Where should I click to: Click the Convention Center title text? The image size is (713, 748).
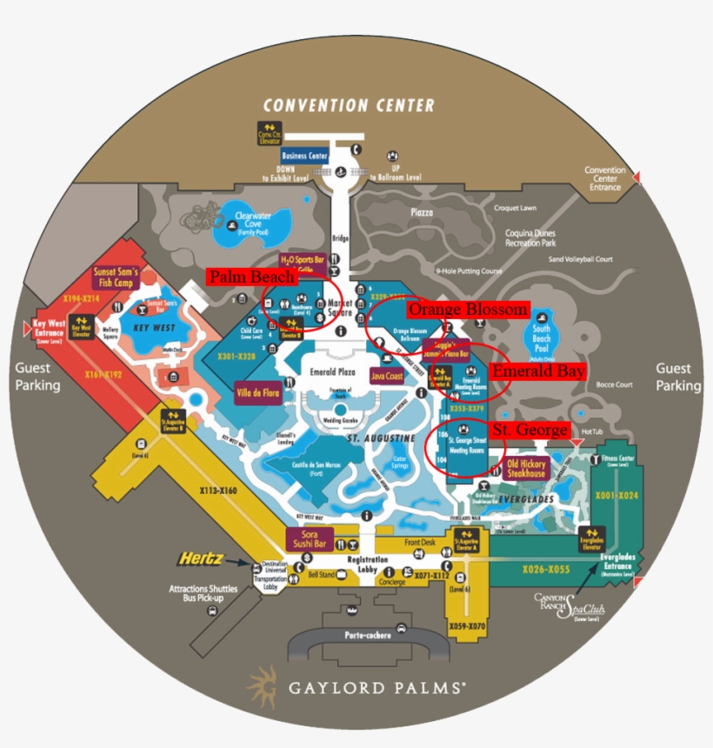349,105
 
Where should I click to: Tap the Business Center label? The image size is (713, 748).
305,157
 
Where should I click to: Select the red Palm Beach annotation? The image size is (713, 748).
250,277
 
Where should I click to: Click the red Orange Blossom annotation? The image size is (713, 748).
468,310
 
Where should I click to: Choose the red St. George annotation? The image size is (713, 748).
530,431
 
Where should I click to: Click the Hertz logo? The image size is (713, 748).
203,558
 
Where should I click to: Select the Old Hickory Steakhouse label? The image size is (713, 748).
526,469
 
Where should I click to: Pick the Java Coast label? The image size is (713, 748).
387,377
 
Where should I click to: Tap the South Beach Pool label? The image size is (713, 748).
541,334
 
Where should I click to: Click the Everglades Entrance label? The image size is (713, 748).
618,568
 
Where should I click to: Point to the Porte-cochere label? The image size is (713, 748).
366,635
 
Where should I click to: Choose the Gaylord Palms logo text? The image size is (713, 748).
376,687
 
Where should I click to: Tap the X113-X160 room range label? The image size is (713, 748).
217,491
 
